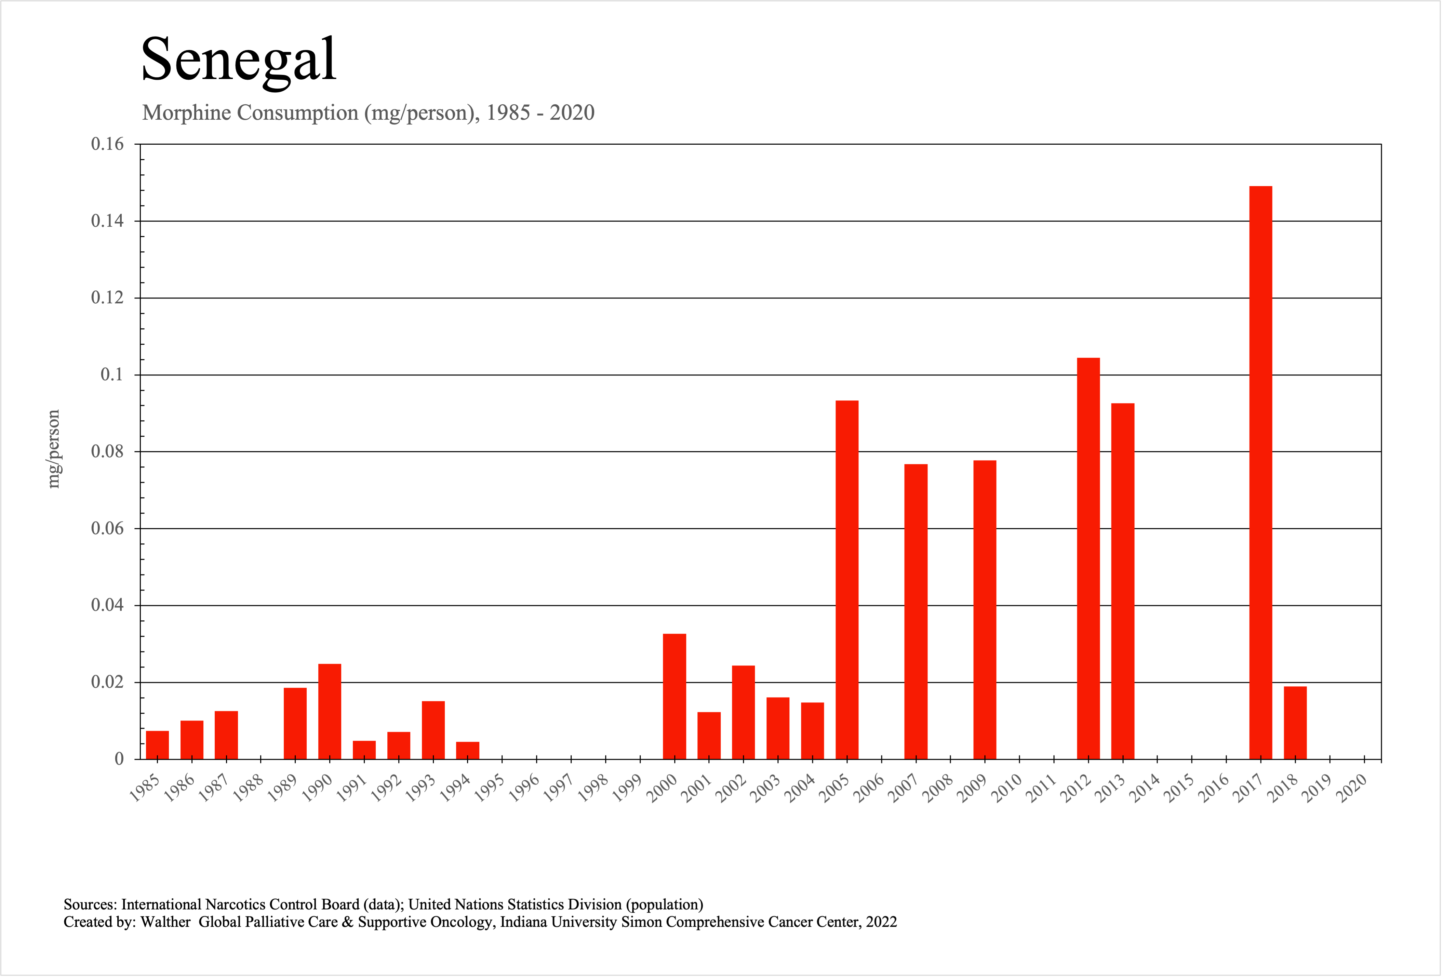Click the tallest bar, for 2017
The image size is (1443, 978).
(1260, 472)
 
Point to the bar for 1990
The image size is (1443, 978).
(330, 711)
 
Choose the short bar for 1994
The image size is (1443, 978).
(468, 750)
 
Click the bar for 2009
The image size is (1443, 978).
(985, 609)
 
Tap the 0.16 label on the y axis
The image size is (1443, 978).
(107, 144)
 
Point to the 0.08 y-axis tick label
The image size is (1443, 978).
(107, 451)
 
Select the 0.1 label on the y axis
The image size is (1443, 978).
(112, 374)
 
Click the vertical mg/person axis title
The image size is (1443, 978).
(54, 448)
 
